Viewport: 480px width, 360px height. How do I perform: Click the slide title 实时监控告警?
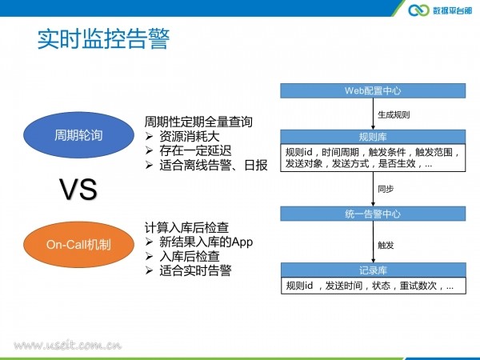click(103, 39)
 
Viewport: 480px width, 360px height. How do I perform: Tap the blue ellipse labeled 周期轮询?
click(78, 135)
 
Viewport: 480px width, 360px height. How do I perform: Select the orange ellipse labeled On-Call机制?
click(78, 245)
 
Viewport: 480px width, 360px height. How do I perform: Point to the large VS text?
click(78, 190)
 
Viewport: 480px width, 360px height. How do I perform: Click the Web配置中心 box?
click(373, 90)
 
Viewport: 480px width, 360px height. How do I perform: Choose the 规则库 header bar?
click(373, 137)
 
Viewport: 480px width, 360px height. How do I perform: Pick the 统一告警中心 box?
click(373, 214)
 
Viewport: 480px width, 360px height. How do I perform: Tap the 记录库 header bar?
click(373, 270)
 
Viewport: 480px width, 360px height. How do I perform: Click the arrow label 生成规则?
click(394, 114)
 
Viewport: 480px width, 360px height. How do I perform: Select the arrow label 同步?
click(386, 189)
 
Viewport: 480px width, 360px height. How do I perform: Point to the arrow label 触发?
click(386, 246)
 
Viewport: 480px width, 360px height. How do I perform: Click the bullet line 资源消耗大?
click(182, 137)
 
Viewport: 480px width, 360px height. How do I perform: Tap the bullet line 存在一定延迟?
click(189, 150)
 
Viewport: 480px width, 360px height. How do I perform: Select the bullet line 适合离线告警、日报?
click(206, 165)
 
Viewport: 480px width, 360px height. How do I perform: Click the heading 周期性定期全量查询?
click(198, 122)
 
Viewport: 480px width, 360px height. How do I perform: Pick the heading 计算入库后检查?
click(186, 228)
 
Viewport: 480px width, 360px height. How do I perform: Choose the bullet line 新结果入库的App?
click(199, 242)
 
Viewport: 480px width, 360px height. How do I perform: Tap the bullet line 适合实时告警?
click(189, 270)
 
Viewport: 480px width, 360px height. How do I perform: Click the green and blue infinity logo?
click(418, 10)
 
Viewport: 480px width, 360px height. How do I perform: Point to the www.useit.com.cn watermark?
click(68, 346)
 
